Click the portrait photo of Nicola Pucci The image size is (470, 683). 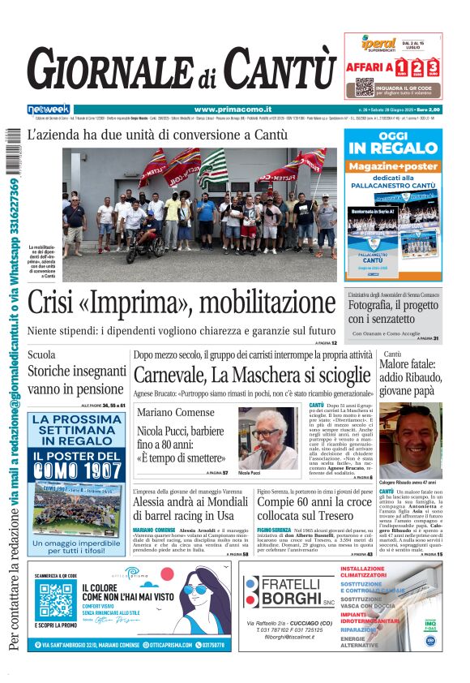(268, 437)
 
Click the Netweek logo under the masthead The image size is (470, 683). (48, 109)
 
